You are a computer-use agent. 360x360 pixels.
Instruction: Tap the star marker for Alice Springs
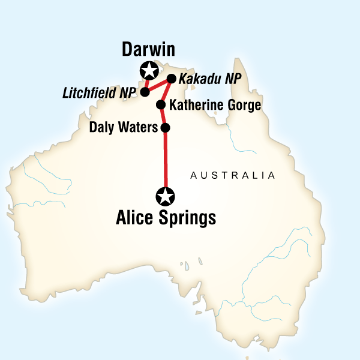[166, 196]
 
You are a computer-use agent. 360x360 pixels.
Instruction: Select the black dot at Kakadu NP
[171, 79]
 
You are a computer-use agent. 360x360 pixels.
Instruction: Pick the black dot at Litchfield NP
[145, 92]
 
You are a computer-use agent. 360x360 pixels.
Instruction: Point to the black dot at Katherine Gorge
[161, 105]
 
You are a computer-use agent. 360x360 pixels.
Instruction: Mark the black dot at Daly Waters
[166, 127]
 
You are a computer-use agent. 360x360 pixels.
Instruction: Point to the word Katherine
[196, 106]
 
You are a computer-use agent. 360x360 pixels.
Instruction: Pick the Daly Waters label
[122, 127]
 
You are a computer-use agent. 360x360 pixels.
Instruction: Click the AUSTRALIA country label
[232, 176]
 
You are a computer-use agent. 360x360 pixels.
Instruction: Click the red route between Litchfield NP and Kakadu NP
[158, 85]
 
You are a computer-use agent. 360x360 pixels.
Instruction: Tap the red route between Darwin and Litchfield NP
[146, 82]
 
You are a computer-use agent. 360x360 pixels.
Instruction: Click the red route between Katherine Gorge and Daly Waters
[163, 116]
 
